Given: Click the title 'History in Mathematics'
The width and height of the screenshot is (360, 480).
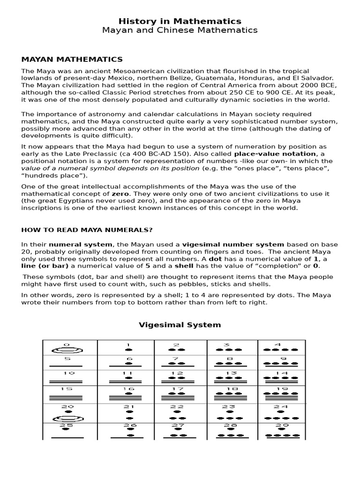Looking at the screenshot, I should pos(180,21).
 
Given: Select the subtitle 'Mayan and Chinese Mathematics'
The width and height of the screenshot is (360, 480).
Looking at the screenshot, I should pos(180,30).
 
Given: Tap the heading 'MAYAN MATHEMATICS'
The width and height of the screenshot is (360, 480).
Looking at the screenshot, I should pos(72,59).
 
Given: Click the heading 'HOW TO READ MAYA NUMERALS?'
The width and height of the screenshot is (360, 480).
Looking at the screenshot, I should pos(87,230).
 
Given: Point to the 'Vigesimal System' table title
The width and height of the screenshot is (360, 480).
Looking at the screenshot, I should pos(180,325).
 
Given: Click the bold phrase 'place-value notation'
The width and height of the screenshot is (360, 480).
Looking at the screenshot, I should pos(276,154).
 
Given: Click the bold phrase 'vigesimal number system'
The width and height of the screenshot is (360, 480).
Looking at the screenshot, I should pos(233,244).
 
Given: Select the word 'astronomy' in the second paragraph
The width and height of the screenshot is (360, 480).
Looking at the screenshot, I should pos(88,114).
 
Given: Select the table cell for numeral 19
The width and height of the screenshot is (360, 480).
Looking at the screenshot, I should pos(281,393).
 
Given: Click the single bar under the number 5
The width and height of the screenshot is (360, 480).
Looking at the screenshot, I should pos(67,366).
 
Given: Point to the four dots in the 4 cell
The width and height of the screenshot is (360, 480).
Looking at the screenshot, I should pos(282,350).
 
